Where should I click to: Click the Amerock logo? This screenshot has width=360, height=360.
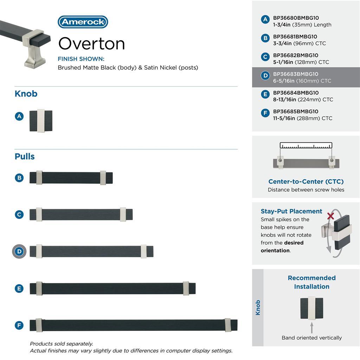(83, 22)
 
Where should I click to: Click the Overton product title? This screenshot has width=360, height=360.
(91, 44)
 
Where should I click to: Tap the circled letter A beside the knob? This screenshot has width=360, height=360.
(19, 116)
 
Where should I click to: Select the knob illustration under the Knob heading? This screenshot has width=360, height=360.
(41, 121)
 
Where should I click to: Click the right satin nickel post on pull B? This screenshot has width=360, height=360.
(103, 178)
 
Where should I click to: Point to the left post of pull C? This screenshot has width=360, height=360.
(39, 214)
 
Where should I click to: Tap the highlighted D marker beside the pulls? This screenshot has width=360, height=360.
(19, 251)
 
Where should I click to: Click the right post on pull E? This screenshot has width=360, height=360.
(186, 288)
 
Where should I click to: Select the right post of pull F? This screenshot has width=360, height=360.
(227, 325)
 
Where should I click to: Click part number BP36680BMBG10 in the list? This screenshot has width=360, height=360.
(296, 18)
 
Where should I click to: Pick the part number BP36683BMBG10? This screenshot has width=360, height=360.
(296, 74)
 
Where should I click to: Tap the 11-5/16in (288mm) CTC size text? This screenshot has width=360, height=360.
(303, 118)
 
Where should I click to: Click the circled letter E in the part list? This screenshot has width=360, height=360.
(265, 94)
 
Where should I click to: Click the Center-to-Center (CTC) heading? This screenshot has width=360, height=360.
(306, 181)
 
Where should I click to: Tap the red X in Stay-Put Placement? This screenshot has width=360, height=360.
(330, 216)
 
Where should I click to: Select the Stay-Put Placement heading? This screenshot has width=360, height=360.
(291, 211)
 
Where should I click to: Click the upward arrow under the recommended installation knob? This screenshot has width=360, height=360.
(311, 328)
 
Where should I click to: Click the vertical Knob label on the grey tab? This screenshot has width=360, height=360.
(258, 308)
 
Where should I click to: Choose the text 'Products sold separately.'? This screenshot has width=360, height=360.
(62, 344)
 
